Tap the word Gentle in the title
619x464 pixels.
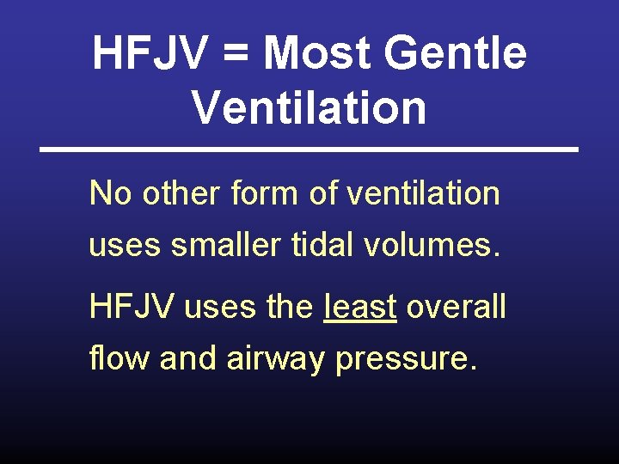tap(456, 53)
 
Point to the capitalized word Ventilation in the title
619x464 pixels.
tap(309, 108)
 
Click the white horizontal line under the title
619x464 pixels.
tap(309, 150)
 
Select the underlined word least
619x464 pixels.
tap(360, 306)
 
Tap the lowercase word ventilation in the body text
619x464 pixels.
tap(423, 193)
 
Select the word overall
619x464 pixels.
tap(456, 307)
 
